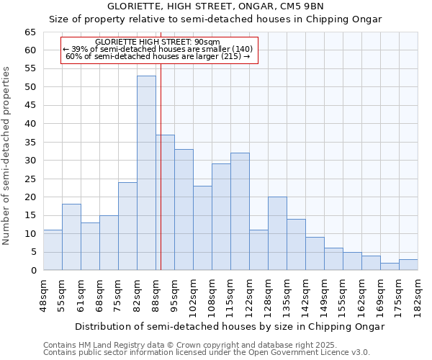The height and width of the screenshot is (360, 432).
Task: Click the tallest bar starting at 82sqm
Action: point(146,173)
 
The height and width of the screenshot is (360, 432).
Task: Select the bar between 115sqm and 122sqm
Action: point(240,212)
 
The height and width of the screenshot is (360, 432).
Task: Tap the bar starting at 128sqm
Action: point(277,233)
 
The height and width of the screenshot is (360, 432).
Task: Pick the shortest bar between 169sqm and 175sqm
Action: point(390,266)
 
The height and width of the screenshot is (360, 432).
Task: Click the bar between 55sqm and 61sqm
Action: point(71,237)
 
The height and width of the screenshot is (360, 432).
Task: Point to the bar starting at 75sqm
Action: point(127,226)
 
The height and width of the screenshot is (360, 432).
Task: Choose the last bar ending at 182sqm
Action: point(408,264)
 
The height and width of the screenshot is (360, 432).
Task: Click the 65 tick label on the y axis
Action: point(30,32)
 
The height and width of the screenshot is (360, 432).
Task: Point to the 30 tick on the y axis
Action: point(30,161)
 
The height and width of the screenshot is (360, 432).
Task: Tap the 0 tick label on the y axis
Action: point(32,271)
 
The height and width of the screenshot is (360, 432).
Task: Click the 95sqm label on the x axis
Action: point(175,294)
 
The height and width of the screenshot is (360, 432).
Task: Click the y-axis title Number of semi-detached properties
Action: point(6,156)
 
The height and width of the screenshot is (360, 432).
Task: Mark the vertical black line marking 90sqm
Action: point(161,166)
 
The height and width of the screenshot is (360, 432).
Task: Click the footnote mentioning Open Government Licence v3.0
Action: point(207,353)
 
